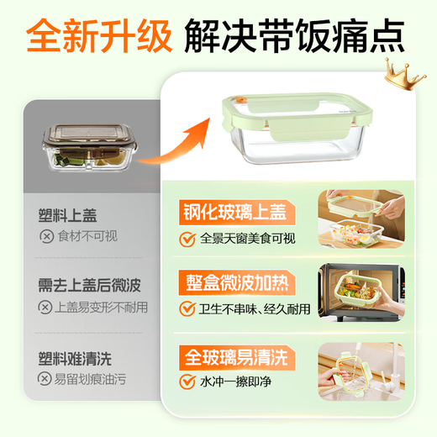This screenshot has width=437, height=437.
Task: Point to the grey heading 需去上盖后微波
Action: (x=90, y=287)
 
